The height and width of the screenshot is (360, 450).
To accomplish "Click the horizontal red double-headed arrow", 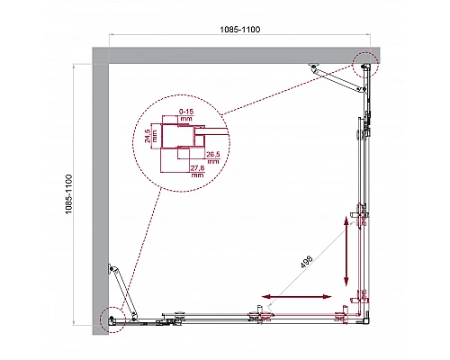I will (296, 296).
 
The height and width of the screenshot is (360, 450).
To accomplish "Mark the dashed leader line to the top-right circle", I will (288, 90).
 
